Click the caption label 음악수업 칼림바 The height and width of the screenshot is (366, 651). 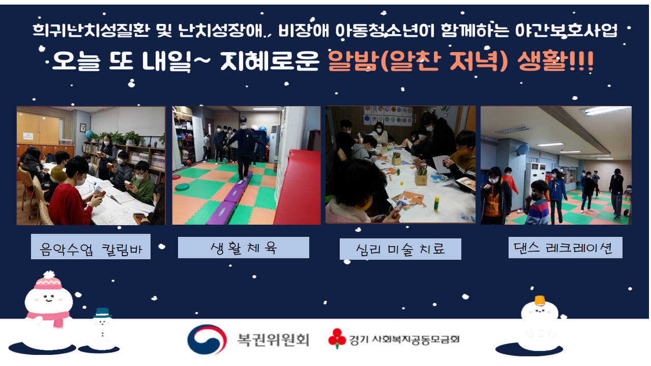[x=91, y=247]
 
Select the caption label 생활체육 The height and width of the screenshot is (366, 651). [x=244, y=248]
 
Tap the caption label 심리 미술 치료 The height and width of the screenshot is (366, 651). [x=400, y=249]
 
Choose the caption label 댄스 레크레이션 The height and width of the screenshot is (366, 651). [x=566, y=248]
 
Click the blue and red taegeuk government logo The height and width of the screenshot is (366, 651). [x=207, y=339]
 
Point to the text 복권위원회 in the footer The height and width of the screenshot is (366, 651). [x=273, y=340]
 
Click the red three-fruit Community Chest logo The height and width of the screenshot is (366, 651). [x=337, y=338]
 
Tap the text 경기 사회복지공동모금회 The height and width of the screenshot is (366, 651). [x=404, y=339]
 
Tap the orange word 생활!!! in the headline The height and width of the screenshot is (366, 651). [x=555, y=62]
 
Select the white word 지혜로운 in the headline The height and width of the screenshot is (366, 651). [x=270, y=62]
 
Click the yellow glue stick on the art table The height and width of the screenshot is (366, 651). [x=436, y=203]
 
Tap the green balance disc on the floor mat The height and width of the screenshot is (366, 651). [x=182, y=187]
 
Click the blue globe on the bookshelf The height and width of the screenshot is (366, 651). [x=89, y=134]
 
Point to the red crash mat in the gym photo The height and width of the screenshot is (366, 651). [x=298, y=188]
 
